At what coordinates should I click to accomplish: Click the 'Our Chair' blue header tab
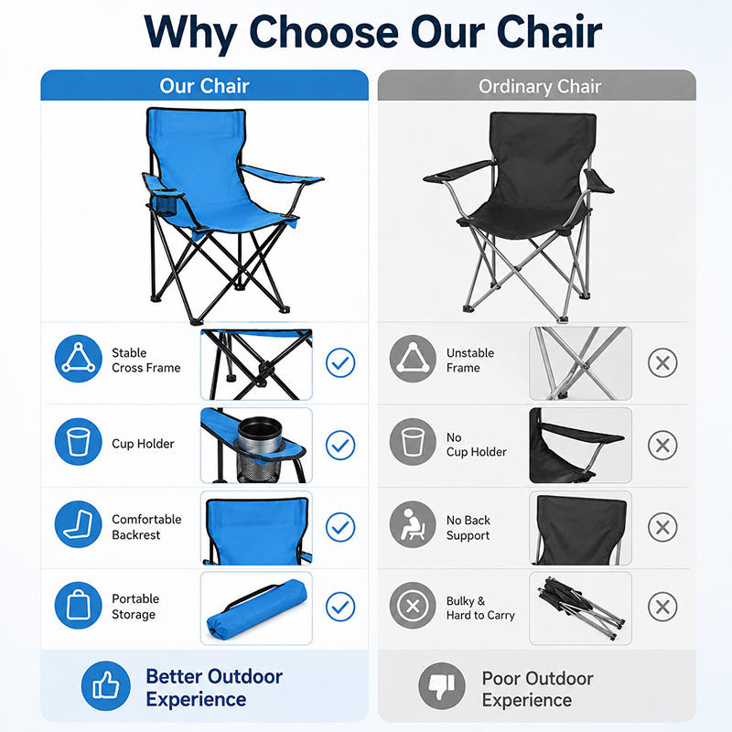(204, 85)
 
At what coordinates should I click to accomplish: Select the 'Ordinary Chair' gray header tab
(537, 85)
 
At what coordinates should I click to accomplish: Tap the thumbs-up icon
(106, 685)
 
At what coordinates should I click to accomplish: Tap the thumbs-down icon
(442, 685)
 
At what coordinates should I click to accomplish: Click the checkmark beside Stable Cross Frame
(340, 362)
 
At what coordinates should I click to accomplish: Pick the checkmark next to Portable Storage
(340, 607)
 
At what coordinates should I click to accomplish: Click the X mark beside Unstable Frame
(662, 362)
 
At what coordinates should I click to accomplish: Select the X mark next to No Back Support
(662, 528)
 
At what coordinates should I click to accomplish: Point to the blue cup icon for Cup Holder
(79, 442)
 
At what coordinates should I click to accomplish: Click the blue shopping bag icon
(79, 606)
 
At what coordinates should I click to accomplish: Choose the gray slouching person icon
(413, 524)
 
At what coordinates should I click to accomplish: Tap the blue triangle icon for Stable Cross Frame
(79, 359)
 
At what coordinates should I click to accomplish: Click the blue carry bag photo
(256, 608)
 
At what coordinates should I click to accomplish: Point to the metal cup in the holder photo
(260, 436)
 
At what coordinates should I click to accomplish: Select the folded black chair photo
(581, 608)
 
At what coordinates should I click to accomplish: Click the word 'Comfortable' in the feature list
(146, 519)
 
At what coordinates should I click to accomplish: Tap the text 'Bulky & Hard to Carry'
(480, 608)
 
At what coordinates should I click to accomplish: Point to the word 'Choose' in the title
(324, 32)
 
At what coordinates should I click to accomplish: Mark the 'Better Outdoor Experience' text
(214, 688)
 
